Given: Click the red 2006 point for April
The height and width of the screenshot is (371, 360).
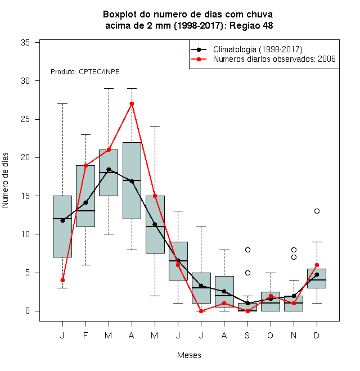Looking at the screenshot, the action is [x=132, y=103].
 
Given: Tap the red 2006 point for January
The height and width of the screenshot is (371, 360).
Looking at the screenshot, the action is [x=62, y=280].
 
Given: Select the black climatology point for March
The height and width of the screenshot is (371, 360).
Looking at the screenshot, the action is [x=109, y=169].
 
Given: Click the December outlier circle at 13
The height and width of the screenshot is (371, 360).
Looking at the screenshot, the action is [x=317, y=211].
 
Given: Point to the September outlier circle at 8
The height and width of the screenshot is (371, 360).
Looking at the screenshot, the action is [x=247, y=250].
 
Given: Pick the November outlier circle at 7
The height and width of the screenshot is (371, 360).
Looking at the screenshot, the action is [x=294, y=257].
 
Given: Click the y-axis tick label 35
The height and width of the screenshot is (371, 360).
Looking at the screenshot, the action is [x=25, y=43].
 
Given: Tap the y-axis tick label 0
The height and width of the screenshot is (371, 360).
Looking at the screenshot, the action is [x=28, y=311].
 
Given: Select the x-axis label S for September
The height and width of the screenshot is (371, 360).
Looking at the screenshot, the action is [x=247, y=335].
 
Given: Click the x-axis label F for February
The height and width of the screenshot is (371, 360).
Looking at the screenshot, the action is [x=85, y=335].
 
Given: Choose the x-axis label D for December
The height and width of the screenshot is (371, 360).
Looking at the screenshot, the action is [x=317, y=335].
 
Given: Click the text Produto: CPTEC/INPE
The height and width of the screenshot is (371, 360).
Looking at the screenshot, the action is [x=85, y=72].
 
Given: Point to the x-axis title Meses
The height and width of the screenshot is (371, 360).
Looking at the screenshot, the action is [x=189, y=355].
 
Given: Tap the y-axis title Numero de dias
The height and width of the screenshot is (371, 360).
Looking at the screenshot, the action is [x=5, y=180].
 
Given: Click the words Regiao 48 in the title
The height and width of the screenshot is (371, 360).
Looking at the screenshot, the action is [x=251, y=25].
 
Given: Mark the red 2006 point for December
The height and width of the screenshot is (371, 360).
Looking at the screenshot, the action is [x=317, y=265].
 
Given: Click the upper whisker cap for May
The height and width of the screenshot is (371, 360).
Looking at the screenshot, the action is [x=155, y=127].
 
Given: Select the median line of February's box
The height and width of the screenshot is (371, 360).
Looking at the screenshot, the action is [x=85, y=211].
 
